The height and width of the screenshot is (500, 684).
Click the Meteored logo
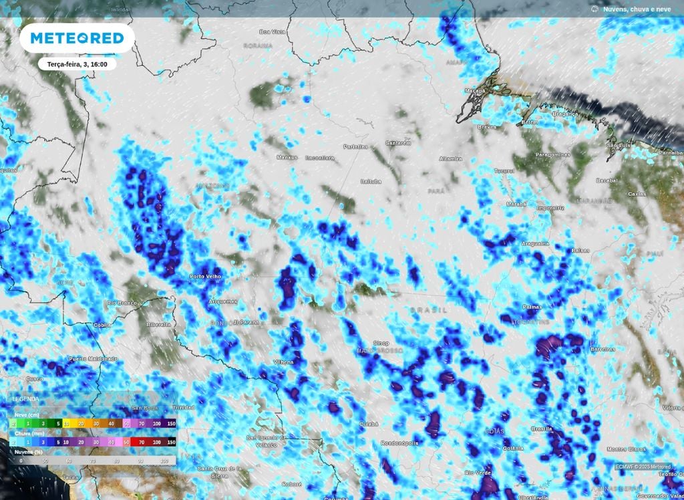77,38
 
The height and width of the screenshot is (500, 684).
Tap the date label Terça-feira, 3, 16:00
77,64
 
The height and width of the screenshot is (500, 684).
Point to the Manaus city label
287,157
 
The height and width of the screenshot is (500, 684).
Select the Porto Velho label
205,276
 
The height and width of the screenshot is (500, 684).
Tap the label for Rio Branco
122,303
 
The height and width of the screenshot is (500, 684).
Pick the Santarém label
398,143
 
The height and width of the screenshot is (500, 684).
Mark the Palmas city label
532,307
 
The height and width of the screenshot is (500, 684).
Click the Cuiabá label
368,424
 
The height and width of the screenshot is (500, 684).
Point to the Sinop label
381,344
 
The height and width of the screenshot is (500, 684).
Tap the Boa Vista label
273,31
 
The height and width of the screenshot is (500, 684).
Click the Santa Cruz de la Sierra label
220,472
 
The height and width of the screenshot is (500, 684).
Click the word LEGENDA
26,399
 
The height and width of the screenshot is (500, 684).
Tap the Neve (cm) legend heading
25,415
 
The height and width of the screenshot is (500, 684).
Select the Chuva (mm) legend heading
26,433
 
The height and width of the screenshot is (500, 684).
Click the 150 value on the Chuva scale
170,442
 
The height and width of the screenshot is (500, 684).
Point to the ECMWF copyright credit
643,467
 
